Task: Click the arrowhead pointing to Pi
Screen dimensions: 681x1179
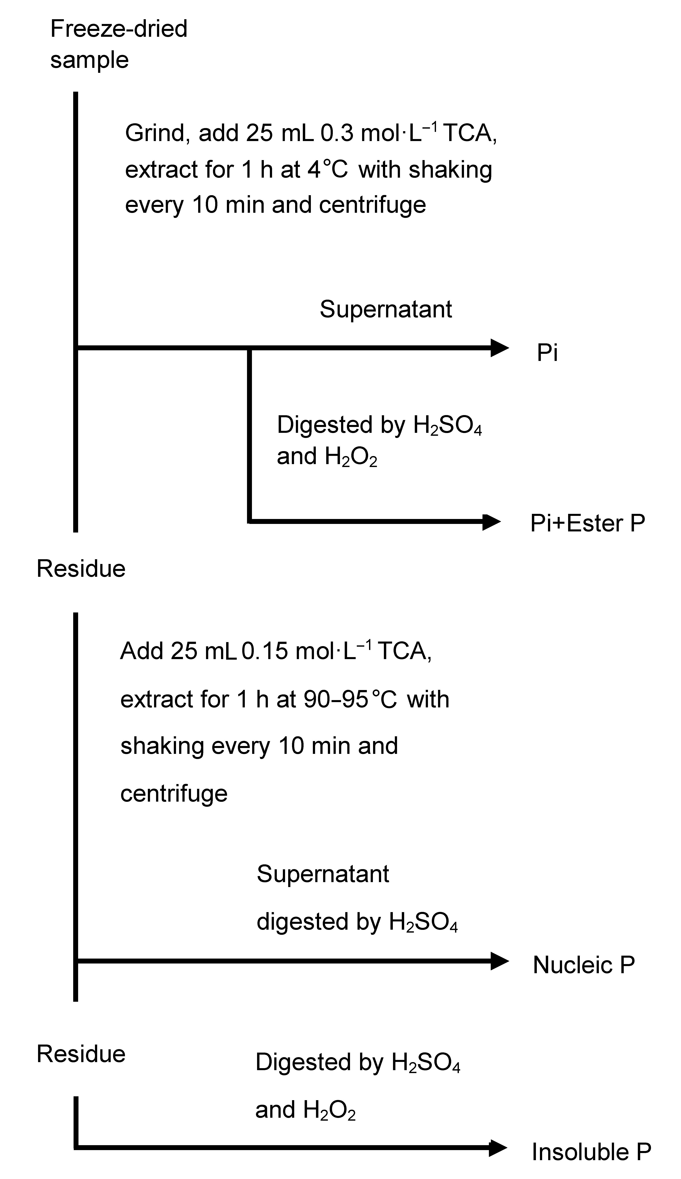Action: tap(499, 348)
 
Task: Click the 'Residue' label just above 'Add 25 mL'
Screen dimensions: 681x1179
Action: tap(81, 569)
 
